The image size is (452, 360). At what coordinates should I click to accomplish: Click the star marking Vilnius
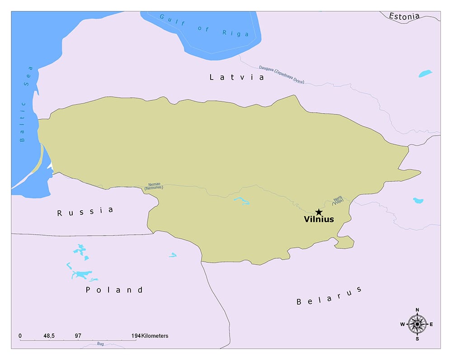pos(319,212)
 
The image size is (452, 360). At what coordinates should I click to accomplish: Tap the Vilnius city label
pos(319,220)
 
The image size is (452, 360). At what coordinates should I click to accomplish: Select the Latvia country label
pos(237,77)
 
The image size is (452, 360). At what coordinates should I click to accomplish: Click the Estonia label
pos(404,16)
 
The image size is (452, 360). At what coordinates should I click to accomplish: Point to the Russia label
pos(85,212)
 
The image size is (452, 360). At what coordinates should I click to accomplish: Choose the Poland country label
pos(114,290)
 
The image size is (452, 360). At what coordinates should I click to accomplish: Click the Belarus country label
pos(329,296)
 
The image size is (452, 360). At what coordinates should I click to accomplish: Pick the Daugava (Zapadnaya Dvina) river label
pos(282,75)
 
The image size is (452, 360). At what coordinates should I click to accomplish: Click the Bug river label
pos(100,344)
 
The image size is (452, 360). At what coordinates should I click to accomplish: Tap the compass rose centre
pos(417,324)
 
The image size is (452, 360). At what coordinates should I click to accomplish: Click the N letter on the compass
pos(417,310)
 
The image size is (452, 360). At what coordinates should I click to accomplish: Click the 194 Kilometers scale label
pos(149,336)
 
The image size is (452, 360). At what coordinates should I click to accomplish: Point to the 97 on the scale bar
pos(78,336)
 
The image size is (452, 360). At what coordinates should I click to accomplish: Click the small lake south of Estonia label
pos(425,73)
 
